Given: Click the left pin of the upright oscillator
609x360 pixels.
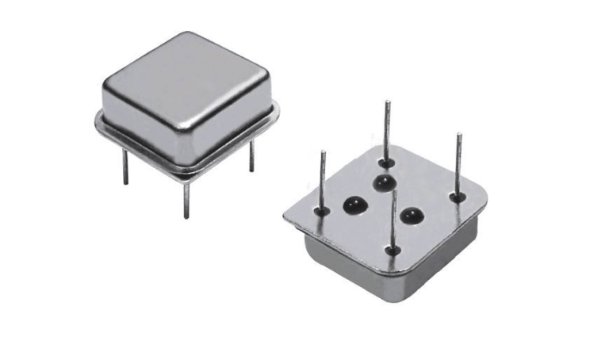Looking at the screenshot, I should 125,167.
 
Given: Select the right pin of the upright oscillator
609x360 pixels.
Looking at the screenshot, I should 251,156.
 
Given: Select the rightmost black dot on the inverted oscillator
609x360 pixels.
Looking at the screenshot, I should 411,214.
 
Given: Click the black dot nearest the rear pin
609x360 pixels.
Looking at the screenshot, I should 385,184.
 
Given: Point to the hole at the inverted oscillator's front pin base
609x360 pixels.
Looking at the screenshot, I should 393,251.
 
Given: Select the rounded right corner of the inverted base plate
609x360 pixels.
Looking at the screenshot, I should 484,199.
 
